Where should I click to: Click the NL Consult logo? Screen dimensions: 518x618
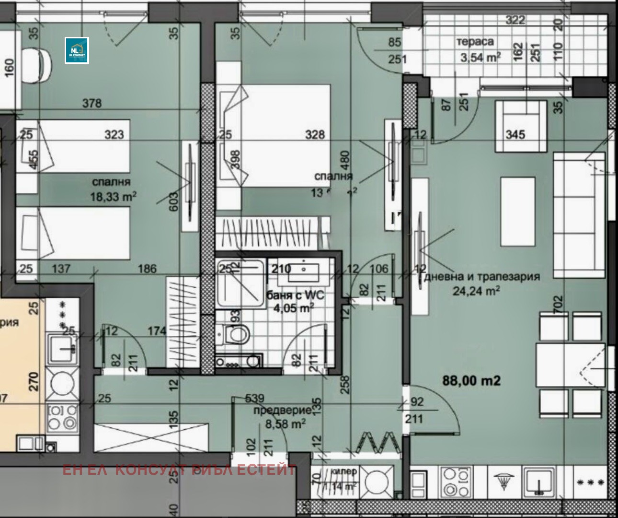pos(77,50)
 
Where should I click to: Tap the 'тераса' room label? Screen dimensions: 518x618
pos(475,42)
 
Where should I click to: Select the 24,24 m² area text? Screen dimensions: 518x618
pos(477,290)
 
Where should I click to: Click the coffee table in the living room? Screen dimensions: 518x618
pos(518,211)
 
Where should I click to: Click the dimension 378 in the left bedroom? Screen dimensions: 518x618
pos(92,103)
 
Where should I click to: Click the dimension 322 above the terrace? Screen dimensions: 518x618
pos(515,20)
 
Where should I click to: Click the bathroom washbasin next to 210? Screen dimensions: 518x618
pos(305,271)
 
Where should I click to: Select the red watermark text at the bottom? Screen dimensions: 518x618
pos(179,470)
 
